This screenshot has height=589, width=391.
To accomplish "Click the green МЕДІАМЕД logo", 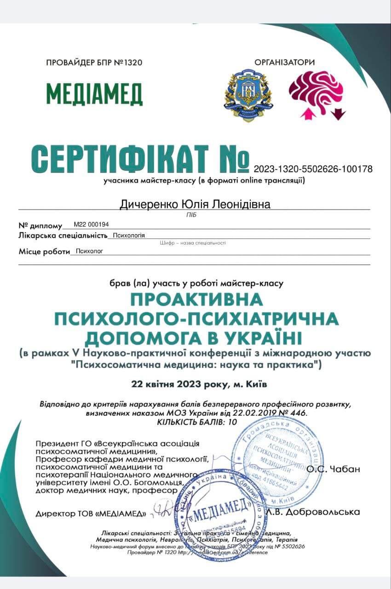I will [94, 94].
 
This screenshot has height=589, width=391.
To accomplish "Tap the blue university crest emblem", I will [248, 95].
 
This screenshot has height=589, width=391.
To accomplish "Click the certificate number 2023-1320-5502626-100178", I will [313, 169].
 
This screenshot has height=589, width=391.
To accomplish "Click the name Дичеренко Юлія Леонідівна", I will [195, 204].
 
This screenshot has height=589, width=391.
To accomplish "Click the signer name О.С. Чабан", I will [333, 469].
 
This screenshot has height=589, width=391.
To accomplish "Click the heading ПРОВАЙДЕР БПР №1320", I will [94, 63].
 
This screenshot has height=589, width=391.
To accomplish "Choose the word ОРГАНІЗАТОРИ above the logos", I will [285, 62].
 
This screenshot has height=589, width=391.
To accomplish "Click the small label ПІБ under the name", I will [195, 214].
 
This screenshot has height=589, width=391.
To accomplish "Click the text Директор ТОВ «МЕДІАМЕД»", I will [91, 514].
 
